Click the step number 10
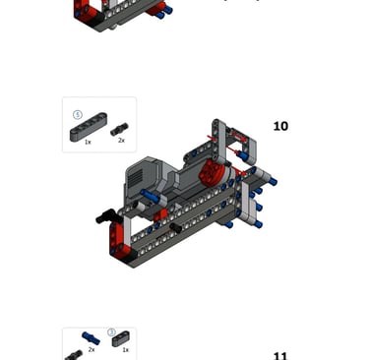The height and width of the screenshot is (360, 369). pyautogui.click(x=280, y=126)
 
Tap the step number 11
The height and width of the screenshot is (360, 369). pyautogui.click(x=280, y=356)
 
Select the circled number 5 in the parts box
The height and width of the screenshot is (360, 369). pyautogui.click(x=78, y=115)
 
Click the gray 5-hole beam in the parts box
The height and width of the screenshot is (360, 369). pyautogui.click(x=89, y=127)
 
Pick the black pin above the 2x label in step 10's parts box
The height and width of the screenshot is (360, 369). pyautogui.click(x=119, y=129)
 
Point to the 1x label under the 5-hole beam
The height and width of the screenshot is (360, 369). pyautogui.click(x=88, y=142)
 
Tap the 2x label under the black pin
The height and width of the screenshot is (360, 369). pyautogui.click(x=121, y=141)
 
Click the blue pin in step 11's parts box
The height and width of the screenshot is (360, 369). pyautogui.click(x=91, y=338)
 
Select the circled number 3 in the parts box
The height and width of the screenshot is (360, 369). pyautogui.click(x=111, y=332)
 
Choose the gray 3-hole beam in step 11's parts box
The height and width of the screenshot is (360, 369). pyautogui.click(x=121, y=338)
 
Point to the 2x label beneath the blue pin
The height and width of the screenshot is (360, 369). pyautogui.click(x=92, y=349)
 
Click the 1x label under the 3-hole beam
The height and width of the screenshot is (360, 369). pyautogui.click(x=125, y=350)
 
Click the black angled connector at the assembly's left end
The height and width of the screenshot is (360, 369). pyautogui.click(x=105, y=215)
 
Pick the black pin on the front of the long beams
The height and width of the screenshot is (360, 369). pyautogui.click(x=176, y=227)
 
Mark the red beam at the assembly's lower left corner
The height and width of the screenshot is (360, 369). pyautogui.click(x=117, y=240)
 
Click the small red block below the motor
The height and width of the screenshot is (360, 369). pyautogui.click(x=161, y=215)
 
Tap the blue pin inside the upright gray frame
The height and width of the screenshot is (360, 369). pyautogui.click(x=242, y=155)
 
